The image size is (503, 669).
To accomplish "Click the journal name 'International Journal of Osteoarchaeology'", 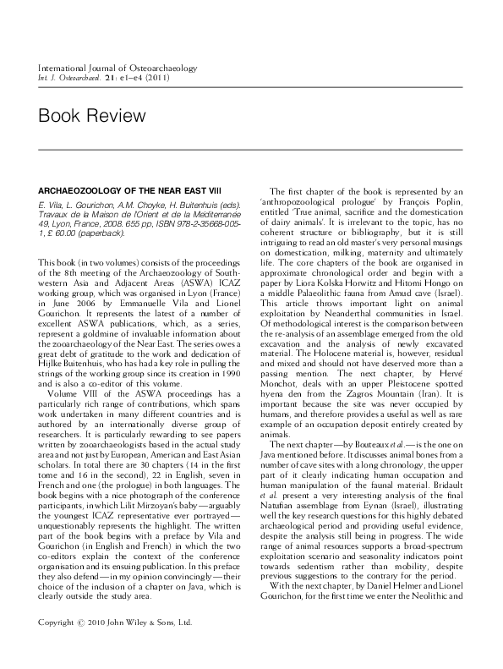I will (106, 67).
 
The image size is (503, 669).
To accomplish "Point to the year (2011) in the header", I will (156, 78).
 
